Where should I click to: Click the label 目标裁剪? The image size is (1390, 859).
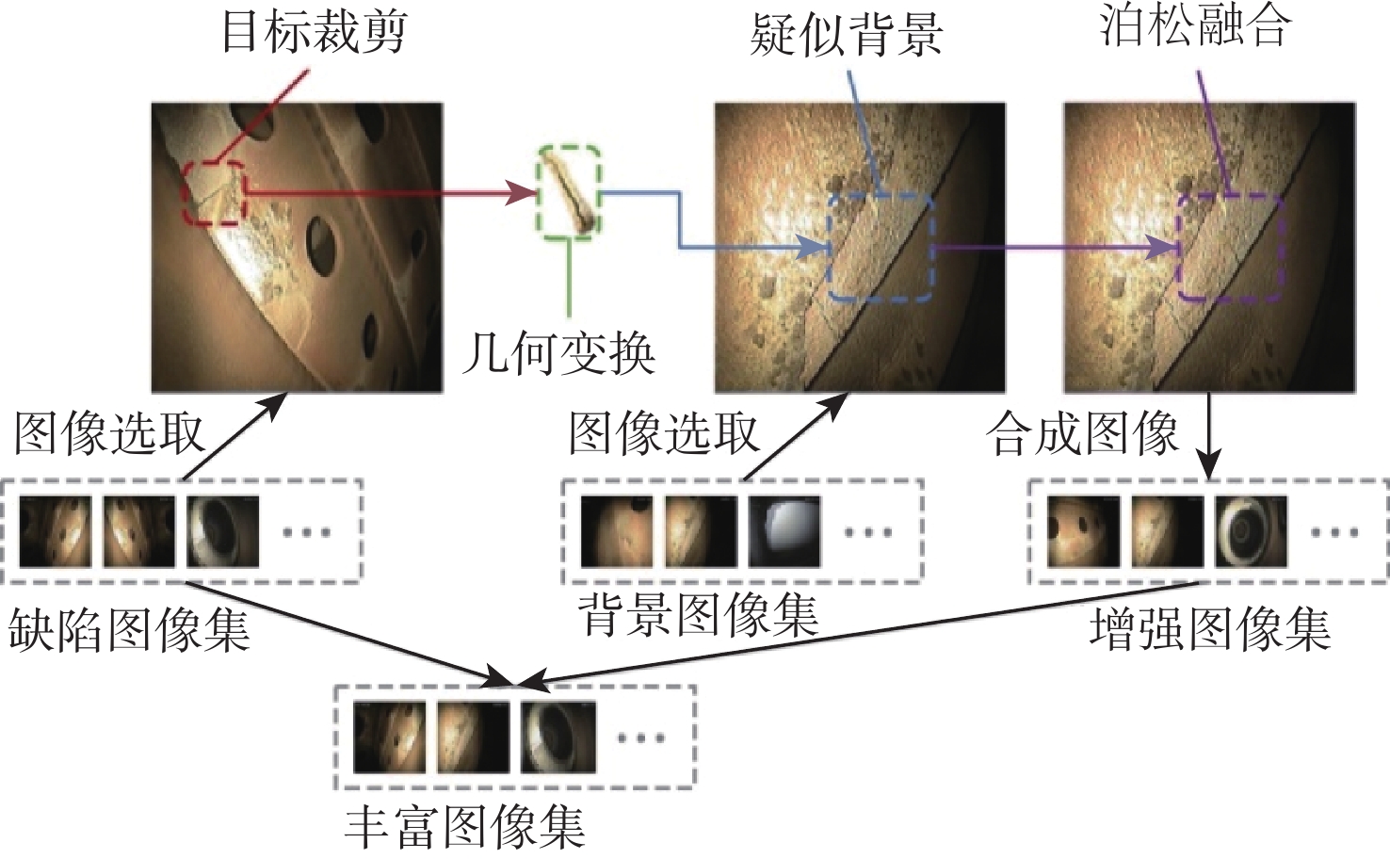314,33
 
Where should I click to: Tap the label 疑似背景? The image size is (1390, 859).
846,36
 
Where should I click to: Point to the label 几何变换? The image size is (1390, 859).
558,354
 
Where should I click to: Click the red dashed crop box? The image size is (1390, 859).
215,193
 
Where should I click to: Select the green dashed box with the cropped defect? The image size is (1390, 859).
569,190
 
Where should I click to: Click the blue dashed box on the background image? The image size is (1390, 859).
880,249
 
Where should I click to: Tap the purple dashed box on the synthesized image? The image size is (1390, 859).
1230,248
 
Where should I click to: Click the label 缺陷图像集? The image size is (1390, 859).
129,629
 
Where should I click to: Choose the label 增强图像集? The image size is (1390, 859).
1210,629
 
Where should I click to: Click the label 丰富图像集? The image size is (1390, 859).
465,826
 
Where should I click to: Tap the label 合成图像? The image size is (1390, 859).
1082,434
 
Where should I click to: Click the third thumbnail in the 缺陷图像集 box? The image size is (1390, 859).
222,531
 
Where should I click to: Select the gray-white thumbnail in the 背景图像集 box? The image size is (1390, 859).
784,531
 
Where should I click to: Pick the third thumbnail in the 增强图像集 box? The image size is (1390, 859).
1251,531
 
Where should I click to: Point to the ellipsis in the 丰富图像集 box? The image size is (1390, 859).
640,737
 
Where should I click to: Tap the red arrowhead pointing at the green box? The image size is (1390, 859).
523,193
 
